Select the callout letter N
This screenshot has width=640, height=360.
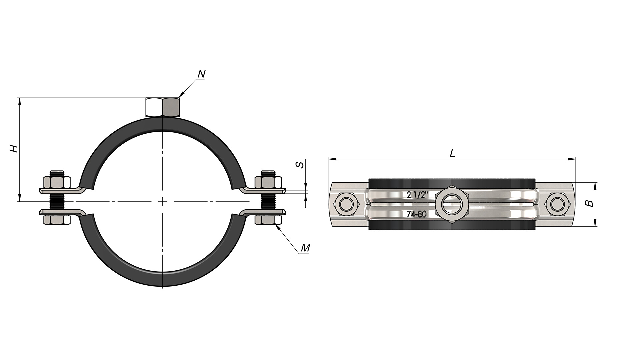pyautogui.click(x=201, y=74)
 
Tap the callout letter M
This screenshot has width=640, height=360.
pyautogui.click(x=305, y=248)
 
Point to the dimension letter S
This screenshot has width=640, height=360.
pyautogui.click(x=300, y=164)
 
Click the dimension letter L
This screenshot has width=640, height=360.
pyautogui.click(x=452, y=153)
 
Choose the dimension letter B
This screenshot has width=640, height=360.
pyautogui.click(x=590, y=203)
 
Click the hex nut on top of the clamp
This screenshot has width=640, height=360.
pyautogui.click(x=163, y=107)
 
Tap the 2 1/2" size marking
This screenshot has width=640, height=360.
pyautogui.click(x=417, y=195)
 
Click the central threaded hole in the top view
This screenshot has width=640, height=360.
pyautogui.click(x=452, y=204)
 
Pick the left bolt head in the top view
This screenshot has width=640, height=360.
pyautogui.click(x=347, y=204)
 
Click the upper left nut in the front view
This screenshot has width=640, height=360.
pyautogui.click(x=57, y=182)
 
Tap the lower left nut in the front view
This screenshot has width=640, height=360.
pyautogui.click(x=57, y=220)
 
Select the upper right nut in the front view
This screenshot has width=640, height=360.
pyautogui.click(x=268, y=182)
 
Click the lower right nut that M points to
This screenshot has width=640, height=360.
pyautogui.click(x=268, y=220)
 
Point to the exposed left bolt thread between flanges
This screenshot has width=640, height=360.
pyautogui.click(x=57, y=201)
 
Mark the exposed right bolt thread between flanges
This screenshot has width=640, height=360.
pyautogui.click(x=268, y=201)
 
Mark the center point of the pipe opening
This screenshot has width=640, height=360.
pyautogui.click(x=163, y=202)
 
